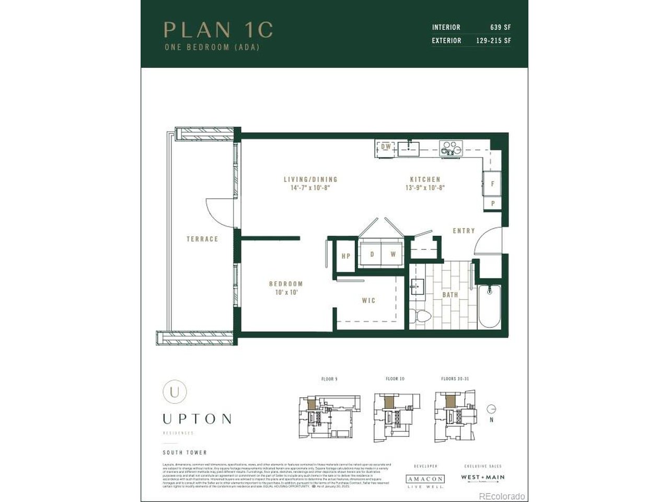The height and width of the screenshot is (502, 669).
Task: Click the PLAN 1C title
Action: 218,30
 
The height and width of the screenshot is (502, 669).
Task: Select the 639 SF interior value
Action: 500,27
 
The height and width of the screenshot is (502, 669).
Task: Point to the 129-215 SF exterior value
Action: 493,40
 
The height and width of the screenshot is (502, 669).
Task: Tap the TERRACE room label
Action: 202,239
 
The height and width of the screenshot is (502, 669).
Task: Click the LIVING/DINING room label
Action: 310,179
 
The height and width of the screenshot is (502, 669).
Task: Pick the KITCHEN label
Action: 425,179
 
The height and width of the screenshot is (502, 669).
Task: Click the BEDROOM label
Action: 286,284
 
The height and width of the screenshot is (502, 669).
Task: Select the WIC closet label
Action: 368,300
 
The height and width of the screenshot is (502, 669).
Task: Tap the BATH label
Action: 450,295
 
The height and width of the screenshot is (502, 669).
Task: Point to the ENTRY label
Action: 464,231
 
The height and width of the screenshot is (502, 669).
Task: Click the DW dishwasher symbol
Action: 386,147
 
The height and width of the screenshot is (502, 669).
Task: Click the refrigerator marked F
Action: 492,184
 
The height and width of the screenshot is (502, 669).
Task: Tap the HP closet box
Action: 345,256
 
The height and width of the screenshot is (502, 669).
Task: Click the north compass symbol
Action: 491,409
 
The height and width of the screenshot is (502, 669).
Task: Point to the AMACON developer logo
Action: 425,479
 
